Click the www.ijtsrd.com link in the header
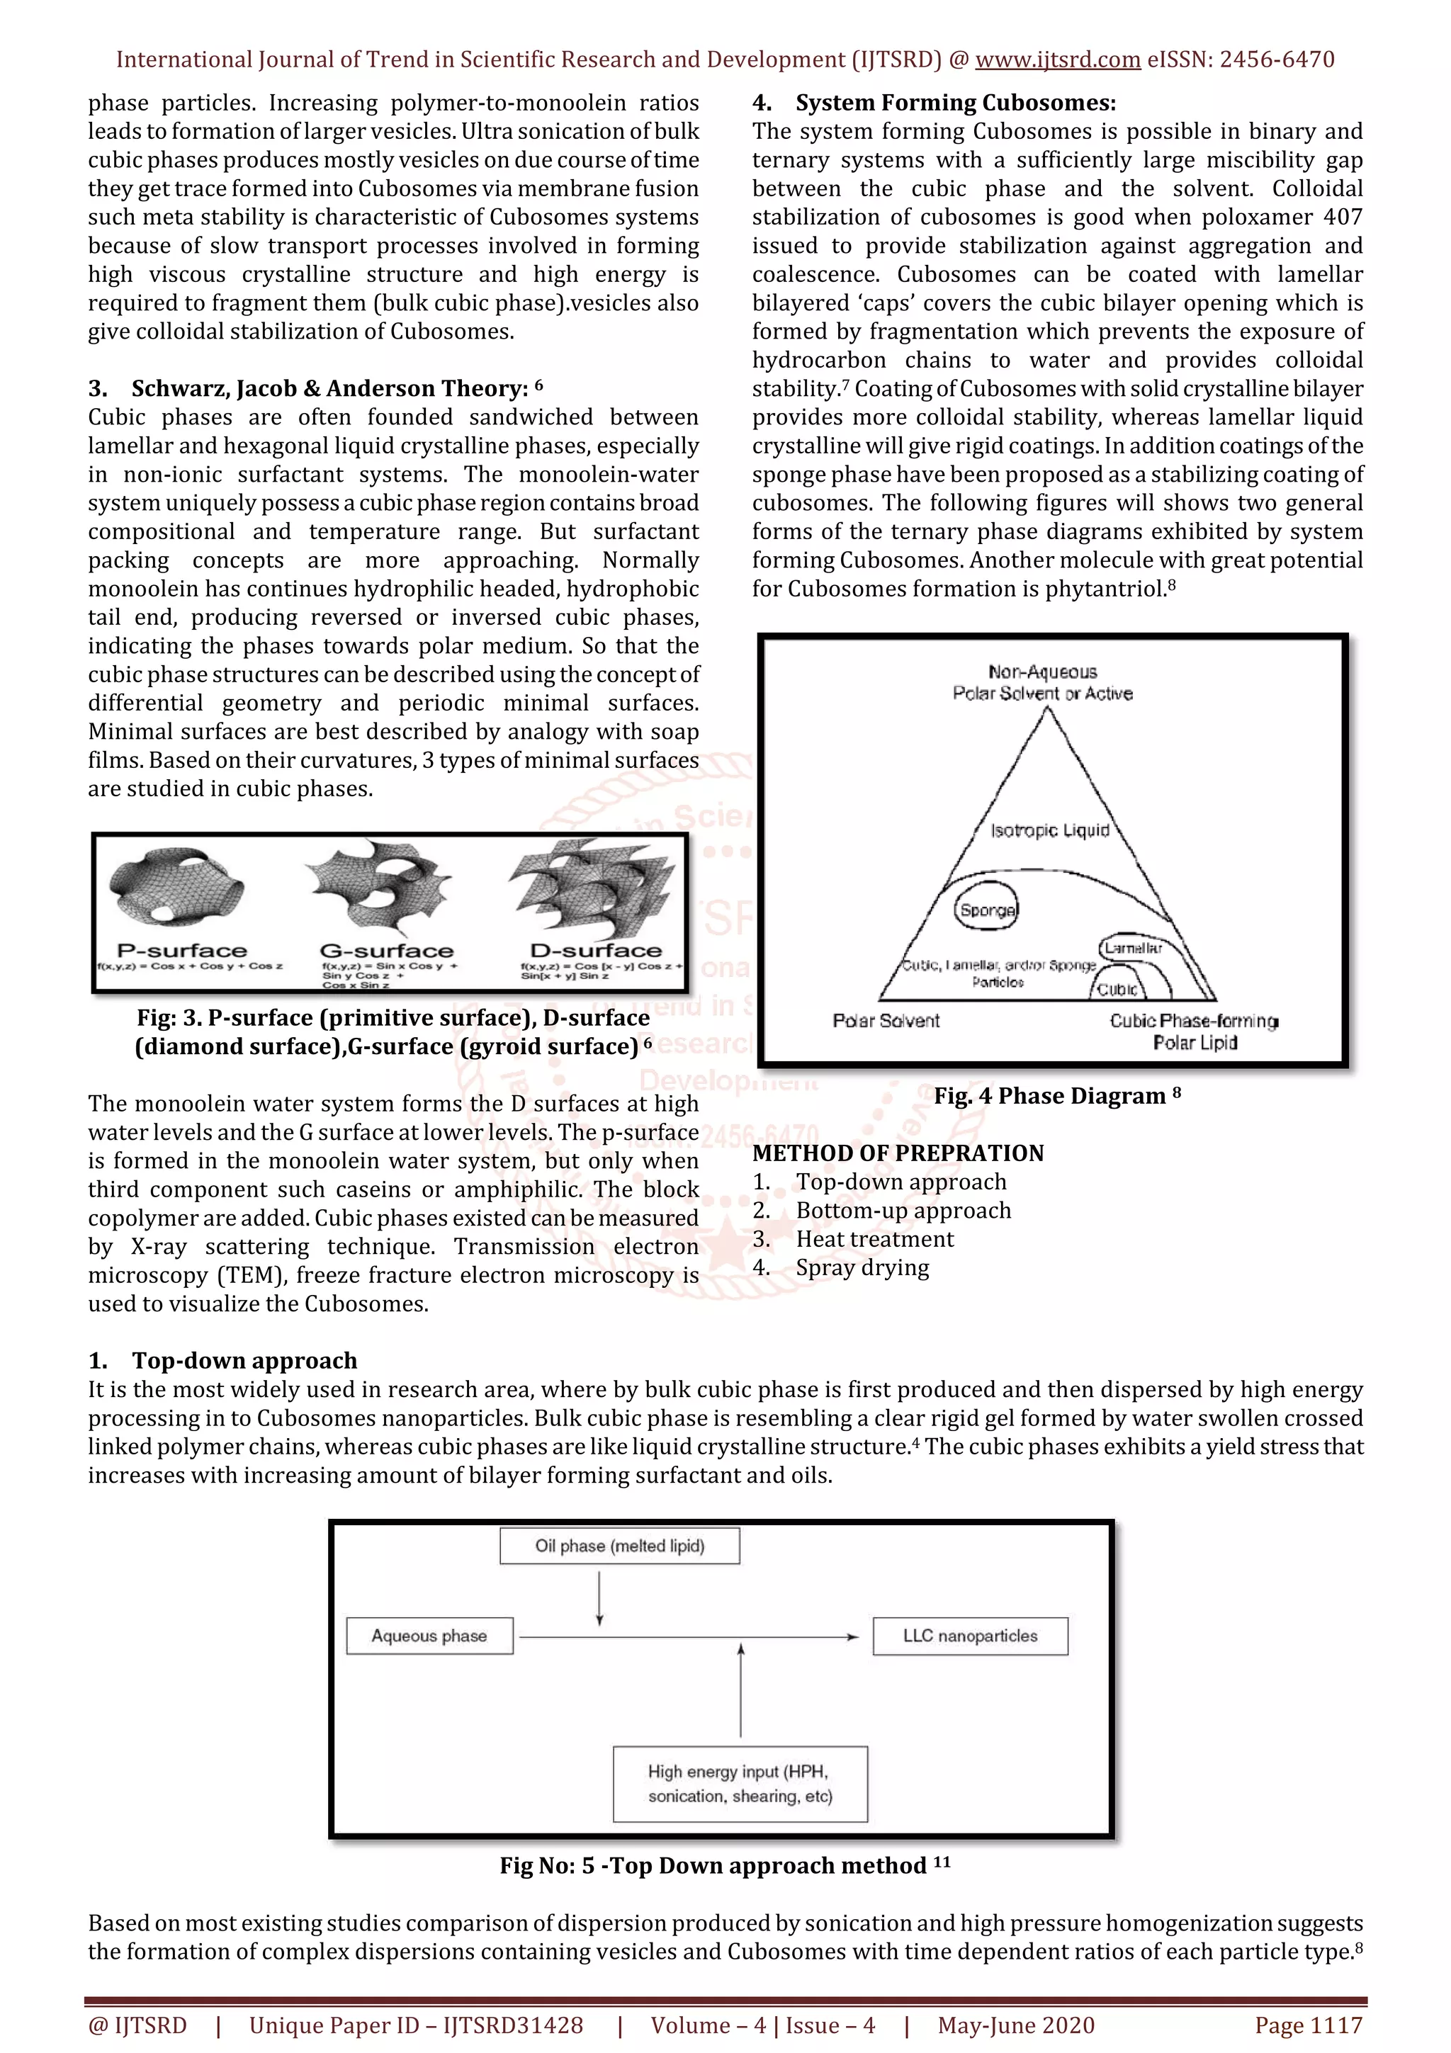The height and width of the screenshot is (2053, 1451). coord(1057,60)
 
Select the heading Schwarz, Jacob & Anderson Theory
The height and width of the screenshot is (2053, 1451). coord(329,389)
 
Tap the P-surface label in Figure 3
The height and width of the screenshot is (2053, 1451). coord(181,951)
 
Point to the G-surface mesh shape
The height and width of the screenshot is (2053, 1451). coord(380,886)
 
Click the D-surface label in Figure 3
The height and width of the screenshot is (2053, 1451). coord(597,951)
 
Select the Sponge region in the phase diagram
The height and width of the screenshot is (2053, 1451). coord(987,910)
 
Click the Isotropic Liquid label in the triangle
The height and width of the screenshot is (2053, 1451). coord(1049,831)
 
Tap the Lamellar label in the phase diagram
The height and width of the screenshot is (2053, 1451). coord(1133,948)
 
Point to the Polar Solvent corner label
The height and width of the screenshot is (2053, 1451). coord(886,1021)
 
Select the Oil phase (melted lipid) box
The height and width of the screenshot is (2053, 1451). coord(619,1546)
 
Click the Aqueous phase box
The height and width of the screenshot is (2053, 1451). coord(429,1636)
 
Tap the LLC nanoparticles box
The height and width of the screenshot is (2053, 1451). coord(970,1636)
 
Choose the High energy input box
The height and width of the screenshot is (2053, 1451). coord(740,1784)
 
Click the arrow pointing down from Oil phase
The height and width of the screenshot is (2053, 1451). coord(599,1596)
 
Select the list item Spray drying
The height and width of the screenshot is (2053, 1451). coord(862,1268)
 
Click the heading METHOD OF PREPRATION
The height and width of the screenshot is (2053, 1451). coord(898,1153)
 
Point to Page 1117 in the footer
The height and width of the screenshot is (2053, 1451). coord(1308,2025)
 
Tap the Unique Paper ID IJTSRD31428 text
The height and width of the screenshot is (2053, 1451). coord(416,2025)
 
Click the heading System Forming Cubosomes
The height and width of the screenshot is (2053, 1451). coord(955,103)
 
